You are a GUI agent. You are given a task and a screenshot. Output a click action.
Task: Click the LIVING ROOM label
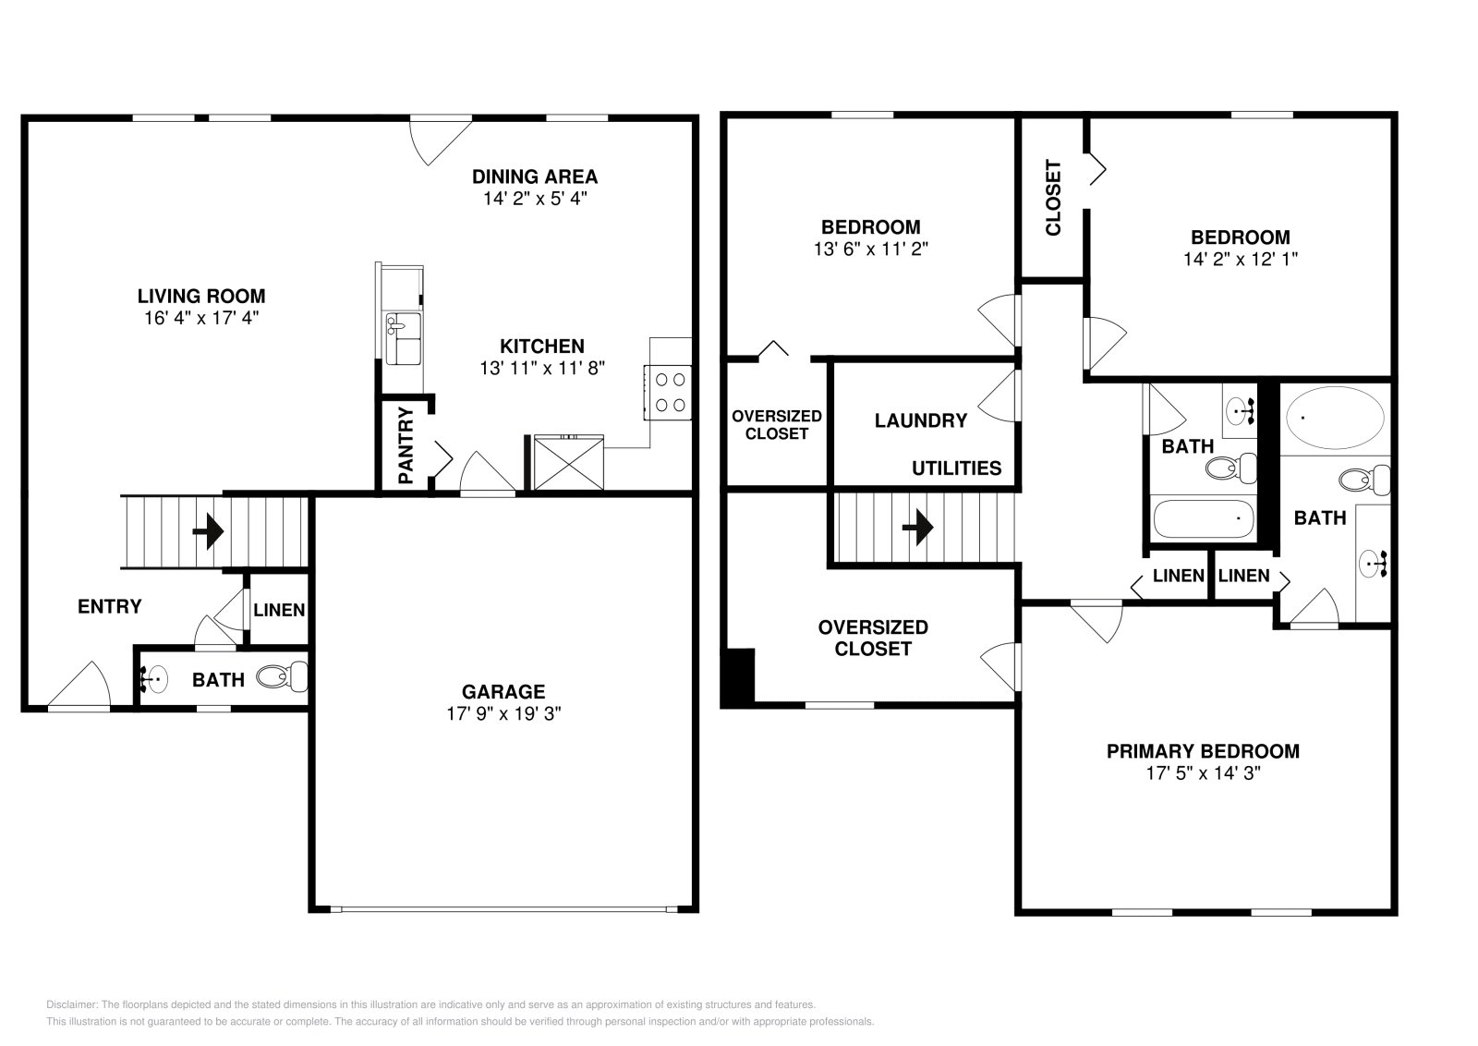[201, 297]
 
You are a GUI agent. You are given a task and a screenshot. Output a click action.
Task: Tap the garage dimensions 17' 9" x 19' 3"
[503, 714]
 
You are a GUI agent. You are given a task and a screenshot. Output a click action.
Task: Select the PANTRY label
[406, 444]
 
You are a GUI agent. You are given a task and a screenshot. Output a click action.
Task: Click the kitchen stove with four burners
[669, 393]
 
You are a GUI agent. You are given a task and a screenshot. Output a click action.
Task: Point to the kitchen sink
[403, 338]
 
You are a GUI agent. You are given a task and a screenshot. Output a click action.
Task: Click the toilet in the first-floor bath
[283, 676]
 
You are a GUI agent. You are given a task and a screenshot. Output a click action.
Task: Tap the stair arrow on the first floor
[209, 531]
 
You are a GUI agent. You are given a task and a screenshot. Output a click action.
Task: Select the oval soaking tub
[1336, 418]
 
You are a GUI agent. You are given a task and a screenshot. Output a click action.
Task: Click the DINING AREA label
[535, 176]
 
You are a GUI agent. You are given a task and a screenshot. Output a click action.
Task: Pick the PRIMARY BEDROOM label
[1203, 751]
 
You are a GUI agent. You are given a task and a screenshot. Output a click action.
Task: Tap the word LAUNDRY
[921, 421]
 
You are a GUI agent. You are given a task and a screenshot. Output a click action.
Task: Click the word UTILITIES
[957, 468]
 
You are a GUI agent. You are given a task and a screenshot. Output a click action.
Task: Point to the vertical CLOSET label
[1054, 198]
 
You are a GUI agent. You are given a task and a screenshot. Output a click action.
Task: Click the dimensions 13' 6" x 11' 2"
[871, 249]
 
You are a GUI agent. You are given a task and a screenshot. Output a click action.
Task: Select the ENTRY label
[110, 607]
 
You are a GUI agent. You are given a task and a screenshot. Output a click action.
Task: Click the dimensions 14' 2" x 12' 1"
[1241, 260]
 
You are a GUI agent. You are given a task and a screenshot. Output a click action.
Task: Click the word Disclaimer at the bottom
[72, 1005]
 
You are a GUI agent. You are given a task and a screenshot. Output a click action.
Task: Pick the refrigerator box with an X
[568, 462]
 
